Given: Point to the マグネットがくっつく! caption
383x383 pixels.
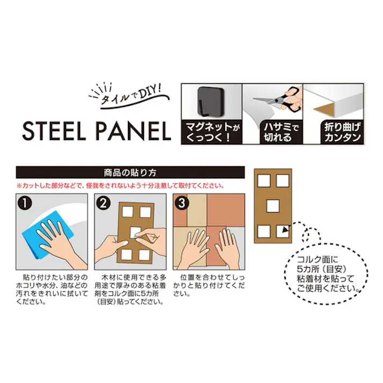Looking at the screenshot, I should pos(211,132).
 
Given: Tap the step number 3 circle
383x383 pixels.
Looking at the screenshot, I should pos(181,204).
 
